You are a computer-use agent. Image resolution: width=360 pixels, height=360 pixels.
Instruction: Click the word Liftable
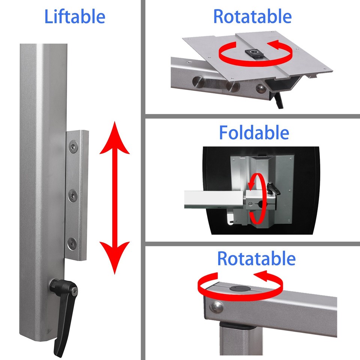coord(75,17)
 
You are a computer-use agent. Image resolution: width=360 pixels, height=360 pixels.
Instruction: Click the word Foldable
coord(254,133)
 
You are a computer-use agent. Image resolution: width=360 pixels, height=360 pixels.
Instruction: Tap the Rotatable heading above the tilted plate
coord(252,16)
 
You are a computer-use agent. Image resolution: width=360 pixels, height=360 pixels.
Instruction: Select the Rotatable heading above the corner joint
coord(256,259)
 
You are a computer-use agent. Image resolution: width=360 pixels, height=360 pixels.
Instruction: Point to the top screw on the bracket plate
coord(73,147)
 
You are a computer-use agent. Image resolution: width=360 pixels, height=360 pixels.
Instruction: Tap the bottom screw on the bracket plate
coord(72,243)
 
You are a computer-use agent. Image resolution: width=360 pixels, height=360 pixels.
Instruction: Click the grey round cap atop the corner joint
coord(238,289)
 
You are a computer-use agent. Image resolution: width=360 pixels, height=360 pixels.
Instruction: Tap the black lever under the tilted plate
coord(279,100)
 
